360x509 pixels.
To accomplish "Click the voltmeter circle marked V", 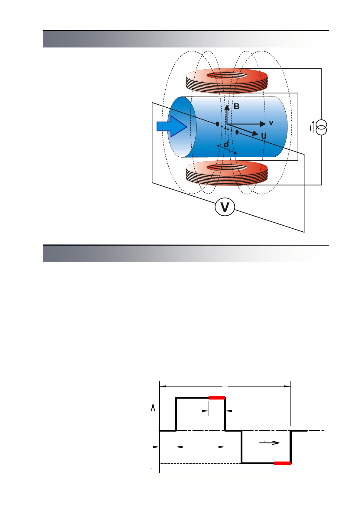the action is (x=225, y=207).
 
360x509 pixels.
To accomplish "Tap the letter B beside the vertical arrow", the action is (x=236, y=106).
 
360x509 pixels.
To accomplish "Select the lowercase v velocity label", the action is (x=271, y=123).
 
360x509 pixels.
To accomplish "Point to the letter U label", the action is (x=264, y=136).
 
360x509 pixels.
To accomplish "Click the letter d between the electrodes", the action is (x=226, y=144).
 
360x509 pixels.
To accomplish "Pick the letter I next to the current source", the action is (x=310, y=129).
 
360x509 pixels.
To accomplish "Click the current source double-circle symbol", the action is (x=321, y=128).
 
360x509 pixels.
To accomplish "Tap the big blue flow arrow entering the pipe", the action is (x=172, y=126).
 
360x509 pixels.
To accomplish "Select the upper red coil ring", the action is (x=227, y=81).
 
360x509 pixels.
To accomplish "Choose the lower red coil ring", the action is (x=227, y=173).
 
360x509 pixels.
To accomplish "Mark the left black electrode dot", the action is (x=217, y=124).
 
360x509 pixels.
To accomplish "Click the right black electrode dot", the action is (x=237, y=132).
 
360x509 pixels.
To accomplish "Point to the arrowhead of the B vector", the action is (x=227, y=107).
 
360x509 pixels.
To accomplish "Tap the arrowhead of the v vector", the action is (x=263, y=124).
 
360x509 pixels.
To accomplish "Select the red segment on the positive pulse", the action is (x=217, y=398).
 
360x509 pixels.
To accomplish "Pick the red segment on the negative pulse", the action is (x=282, y=463).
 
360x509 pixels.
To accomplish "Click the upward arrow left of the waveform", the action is (x=153, y=414).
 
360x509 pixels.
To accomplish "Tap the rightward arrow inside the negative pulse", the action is (x=269, y=443).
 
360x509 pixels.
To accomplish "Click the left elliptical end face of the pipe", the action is (x=182, y=127).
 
